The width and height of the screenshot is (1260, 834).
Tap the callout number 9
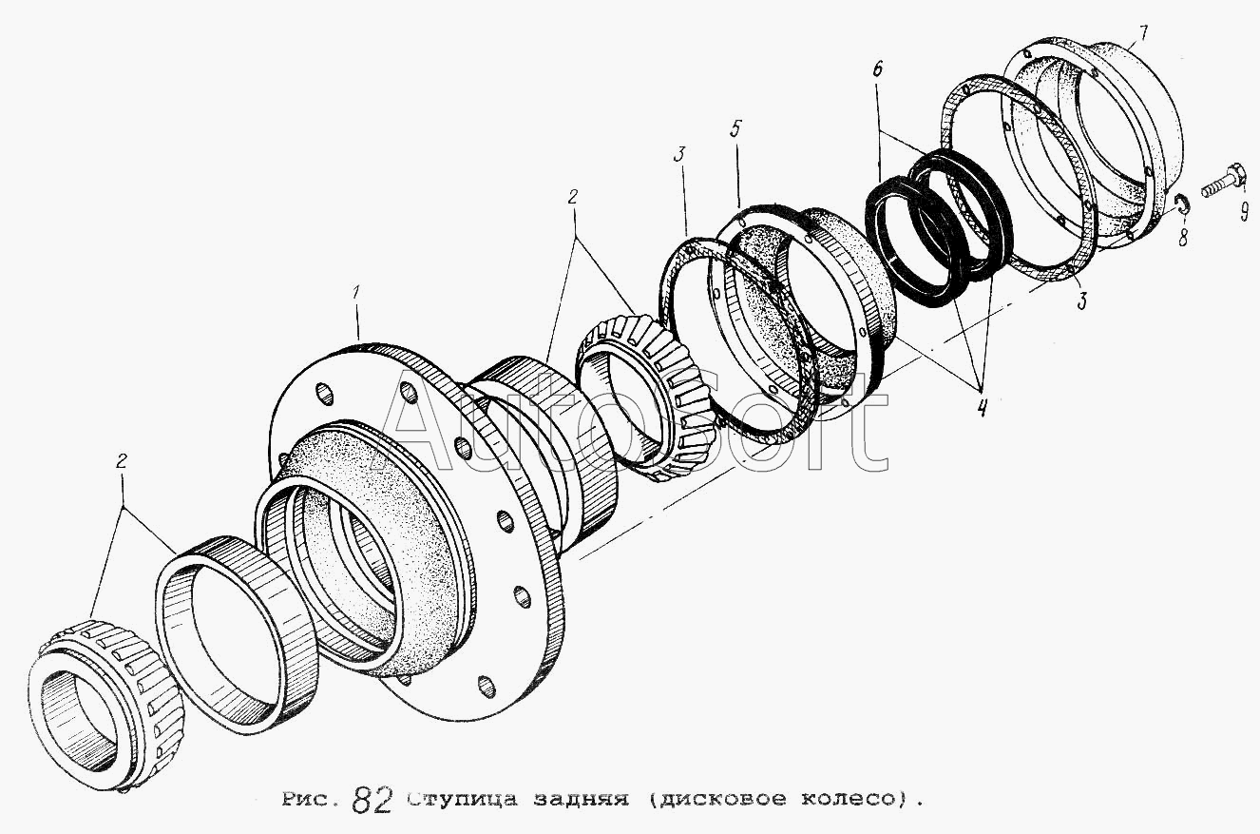point(1244,212)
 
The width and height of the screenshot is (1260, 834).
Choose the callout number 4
point(981,406)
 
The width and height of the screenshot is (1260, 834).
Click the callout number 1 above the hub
point(355,293)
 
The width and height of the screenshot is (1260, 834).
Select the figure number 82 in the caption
point(372,800)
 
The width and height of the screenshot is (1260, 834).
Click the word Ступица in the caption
point(463,799)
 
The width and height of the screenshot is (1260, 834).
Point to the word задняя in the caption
point(581,799)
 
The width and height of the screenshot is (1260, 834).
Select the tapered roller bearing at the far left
point(105,704)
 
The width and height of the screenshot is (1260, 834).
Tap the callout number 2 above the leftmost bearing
point(121,462)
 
